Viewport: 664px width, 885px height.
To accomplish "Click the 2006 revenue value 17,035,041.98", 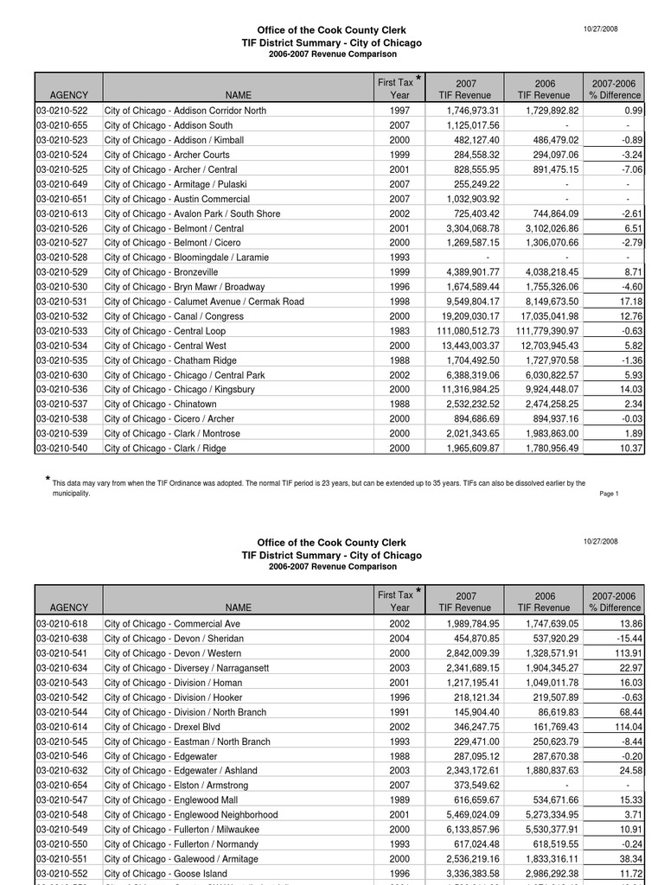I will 546,316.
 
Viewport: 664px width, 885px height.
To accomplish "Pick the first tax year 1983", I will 399,331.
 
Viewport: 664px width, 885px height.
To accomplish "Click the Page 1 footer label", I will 609,493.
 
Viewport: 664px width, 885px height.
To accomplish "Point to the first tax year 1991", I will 399,712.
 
